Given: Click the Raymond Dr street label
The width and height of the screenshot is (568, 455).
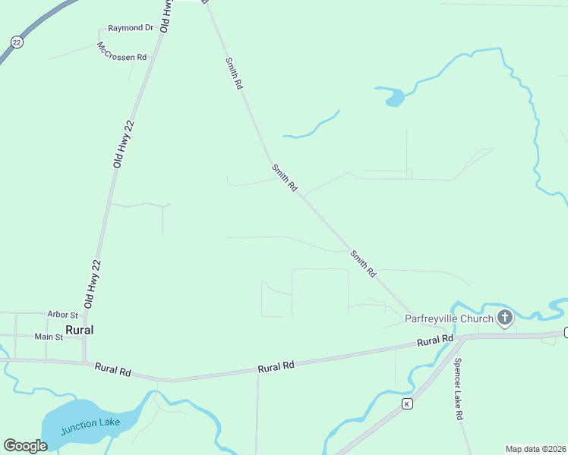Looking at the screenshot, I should [131, 28].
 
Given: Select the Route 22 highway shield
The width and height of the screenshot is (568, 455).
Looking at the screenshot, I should [17, 42].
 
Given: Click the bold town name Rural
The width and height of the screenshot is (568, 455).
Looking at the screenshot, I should [80, 330].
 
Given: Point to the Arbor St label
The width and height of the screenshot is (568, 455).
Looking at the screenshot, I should [62, 314].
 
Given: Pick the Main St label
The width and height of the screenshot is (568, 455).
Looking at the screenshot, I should [49, 336].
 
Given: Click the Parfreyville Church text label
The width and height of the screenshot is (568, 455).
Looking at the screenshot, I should [449, 318].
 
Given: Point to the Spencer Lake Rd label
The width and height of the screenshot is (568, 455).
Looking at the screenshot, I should [458, 397].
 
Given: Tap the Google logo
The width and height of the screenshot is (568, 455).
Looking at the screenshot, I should [25, 445].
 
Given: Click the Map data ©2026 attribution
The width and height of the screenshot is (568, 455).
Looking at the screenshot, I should [535, 448].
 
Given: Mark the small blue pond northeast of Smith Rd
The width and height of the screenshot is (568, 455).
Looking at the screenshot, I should [394, 97].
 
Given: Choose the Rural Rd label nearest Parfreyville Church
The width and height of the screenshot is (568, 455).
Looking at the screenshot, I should [435, 342].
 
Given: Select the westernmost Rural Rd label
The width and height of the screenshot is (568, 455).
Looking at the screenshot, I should [113, 370].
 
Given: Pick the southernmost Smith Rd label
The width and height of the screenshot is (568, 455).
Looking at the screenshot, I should [363, 262].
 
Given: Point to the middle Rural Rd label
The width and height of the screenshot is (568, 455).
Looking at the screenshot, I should [276, 366].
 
